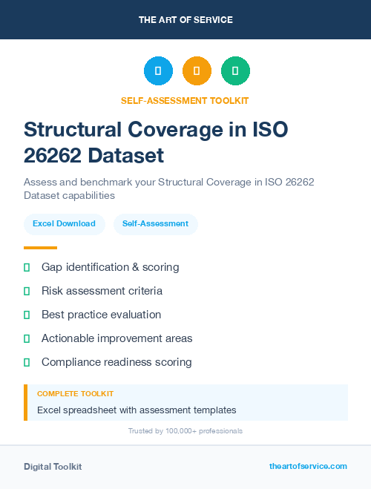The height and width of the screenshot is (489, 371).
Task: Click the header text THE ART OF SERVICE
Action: pos(185,19)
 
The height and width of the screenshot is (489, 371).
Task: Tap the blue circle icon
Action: pos(158,70)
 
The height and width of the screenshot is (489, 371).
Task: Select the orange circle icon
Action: pos(197,70)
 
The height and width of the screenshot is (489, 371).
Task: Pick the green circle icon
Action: pos(235,70)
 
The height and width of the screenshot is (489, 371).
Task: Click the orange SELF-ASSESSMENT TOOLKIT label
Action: pos(185,100)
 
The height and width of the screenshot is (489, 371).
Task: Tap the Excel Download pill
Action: pos(64,223)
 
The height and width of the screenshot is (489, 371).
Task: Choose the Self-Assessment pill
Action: pos(155,223)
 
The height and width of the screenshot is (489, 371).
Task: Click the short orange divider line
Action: pos(40,248)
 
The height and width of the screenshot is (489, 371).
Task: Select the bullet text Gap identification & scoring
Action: pos(110,267)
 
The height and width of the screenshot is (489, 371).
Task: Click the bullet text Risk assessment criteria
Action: pos(102,291)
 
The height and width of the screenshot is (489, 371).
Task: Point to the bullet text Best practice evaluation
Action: pos(101,315)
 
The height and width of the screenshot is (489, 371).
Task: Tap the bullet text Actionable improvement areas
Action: pos(116,338)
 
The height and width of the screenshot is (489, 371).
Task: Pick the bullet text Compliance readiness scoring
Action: pos(116,362)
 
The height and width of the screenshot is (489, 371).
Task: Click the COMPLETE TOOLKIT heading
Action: pos(75,393)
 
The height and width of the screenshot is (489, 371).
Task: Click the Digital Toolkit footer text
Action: pos(53,466)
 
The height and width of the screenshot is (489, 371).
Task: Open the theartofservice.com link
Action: pos(308,466)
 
